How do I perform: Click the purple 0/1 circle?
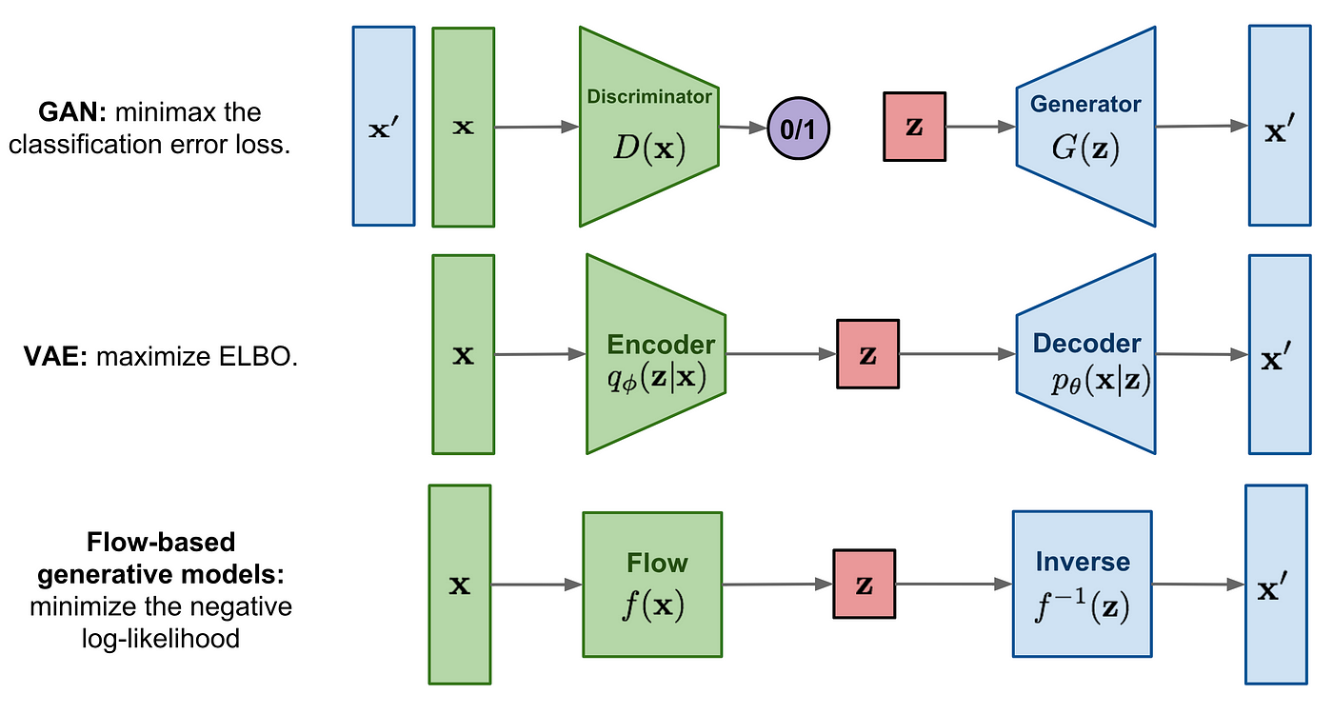tap(798, 128)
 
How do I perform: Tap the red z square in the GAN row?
tap(915, 126)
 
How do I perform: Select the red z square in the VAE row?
tap(867, 354)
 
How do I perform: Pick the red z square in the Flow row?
tap(865, 584)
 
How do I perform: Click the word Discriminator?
tap(649, 96)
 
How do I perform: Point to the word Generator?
tap(1085, 104)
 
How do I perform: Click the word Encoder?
tap(661, 345)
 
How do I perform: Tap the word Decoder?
tap(1086, 344)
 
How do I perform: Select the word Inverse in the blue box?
tap(1083, 562)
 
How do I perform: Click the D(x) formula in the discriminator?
tap(649, 148)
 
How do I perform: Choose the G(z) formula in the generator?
tap(1085, 148)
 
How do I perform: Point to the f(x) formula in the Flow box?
tap(653, 605)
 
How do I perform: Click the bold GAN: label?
tap(72, 112)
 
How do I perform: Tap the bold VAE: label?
tap(55, 356)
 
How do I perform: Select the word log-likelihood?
tap(161, 639)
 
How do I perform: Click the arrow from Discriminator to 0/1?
tap(743, 127)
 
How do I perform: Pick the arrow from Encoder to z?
tap(782, 354)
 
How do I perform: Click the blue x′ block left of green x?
tap(384, 126)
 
